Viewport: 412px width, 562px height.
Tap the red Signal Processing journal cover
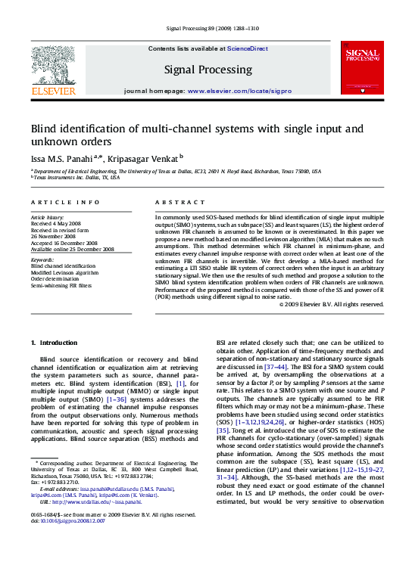pos(360,68)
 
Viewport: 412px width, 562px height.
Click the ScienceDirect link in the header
pos(248,48)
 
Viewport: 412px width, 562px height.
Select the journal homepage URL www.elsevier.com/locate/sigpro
pos(239,90)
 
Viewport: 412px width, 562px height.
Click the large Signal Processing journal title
pos(208,70)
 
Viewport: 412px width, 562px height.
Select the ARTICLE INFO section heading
pos(65,202)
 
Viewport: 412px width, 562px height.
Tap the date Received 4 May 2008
pos(55,224)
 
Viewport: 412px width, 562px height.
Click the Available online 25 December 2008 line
pos(72,248)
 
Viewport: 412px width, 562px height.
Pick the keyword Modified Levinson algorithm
pos(64,272)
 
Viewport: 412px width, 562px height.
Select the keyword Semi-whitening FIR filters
pos(61,285)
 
